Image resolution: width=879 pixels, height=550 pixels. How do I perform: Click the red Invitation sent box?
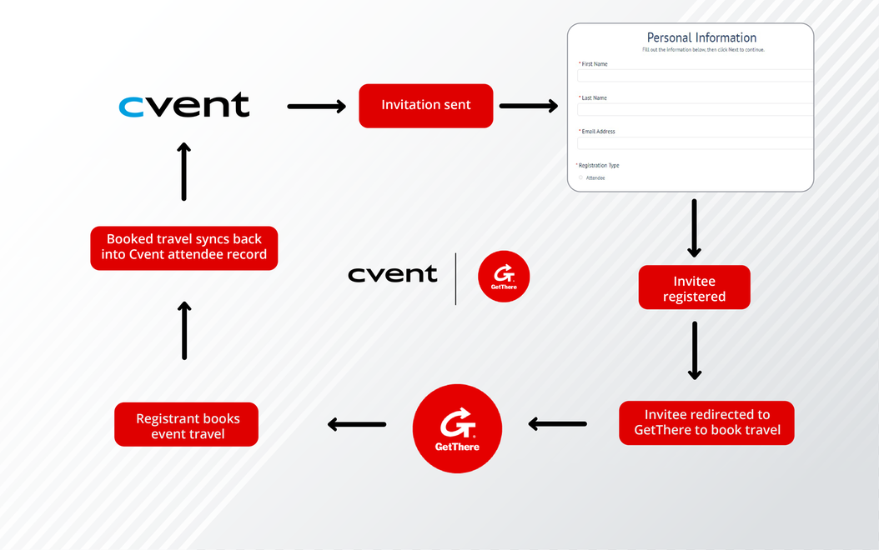click(425, 106)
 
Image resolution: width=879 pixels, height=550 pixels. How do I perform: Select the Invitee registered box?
click(694, 288)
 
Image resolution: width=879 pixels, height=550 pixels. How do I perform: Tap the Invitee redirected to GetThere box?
click(706, 422)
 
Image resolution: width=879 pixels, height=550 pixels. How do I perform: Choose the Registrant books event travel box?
click(187, 425)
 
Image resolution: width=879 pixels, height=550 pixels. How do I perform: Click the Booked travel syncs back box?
click(183, 247)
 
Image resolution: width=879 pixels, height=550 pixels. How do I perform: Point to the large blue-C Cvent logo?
click(184, 105)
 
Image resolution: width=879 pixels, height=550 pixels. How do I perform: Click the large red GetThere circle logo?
click(457, 428)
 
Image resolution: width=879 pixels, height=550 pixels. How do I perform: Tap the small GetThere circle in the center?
click(504, 277)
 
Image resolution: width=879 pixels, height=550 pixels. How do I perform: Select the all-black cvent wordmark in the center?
click(392, 274)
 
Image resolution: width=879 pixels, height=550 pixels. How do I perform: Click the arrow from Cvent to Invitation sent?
click(316, 106)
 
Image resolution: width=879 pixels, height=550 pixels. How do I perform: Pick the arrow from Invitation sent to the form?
click(528, 106)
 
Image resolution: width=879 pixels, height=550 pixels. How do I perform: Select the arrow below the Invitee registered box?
click(694, 350)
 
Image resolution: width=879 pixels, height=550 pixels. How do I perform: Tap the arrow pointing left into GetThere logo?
click(557, 424)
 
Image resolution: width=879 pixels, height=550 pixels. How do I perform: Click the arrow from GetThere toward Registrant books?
click(357, 424)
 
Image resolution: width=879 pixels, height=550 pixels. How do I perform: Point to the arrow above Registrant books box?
click(184, 330)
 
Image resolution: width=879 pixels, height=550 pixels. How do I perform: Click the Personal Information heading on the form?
click(701, 37)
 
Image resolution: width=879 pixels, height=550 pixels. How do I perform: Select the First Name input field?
click(695, 76)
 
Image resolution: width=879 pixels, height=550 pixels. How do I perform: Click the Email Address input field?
click(695, 143)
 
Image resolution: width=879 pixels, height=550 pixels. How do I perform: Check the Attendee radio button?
click(580, 177)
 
